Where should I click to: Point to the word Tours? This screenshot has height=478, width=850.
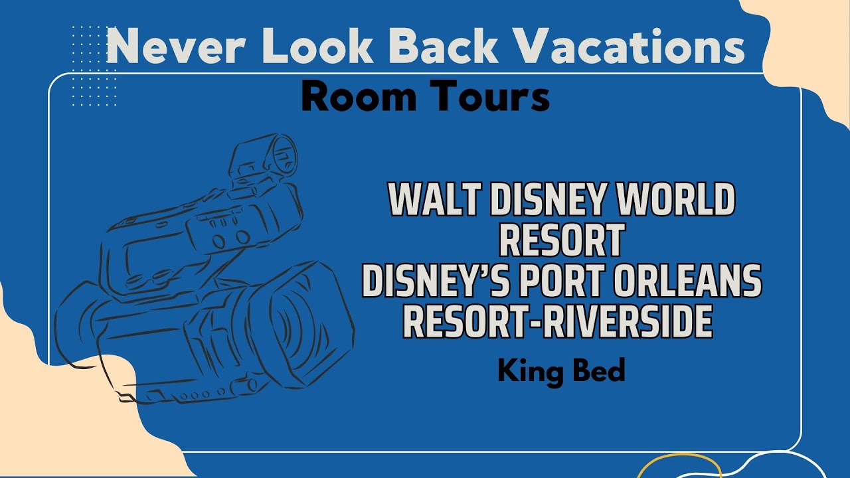(x=487, y=97)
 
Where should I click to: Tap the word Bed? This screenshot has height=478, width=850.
(x=598, y=370)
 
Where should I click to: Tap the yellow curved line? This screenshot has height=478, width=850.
(x=677, y=464)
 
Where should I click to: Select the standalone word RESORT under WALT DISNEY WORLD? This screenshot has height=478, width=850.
(x=560, y=240)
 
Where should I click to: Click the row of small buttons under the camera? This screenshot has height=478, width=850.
(x=199, y=392)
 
